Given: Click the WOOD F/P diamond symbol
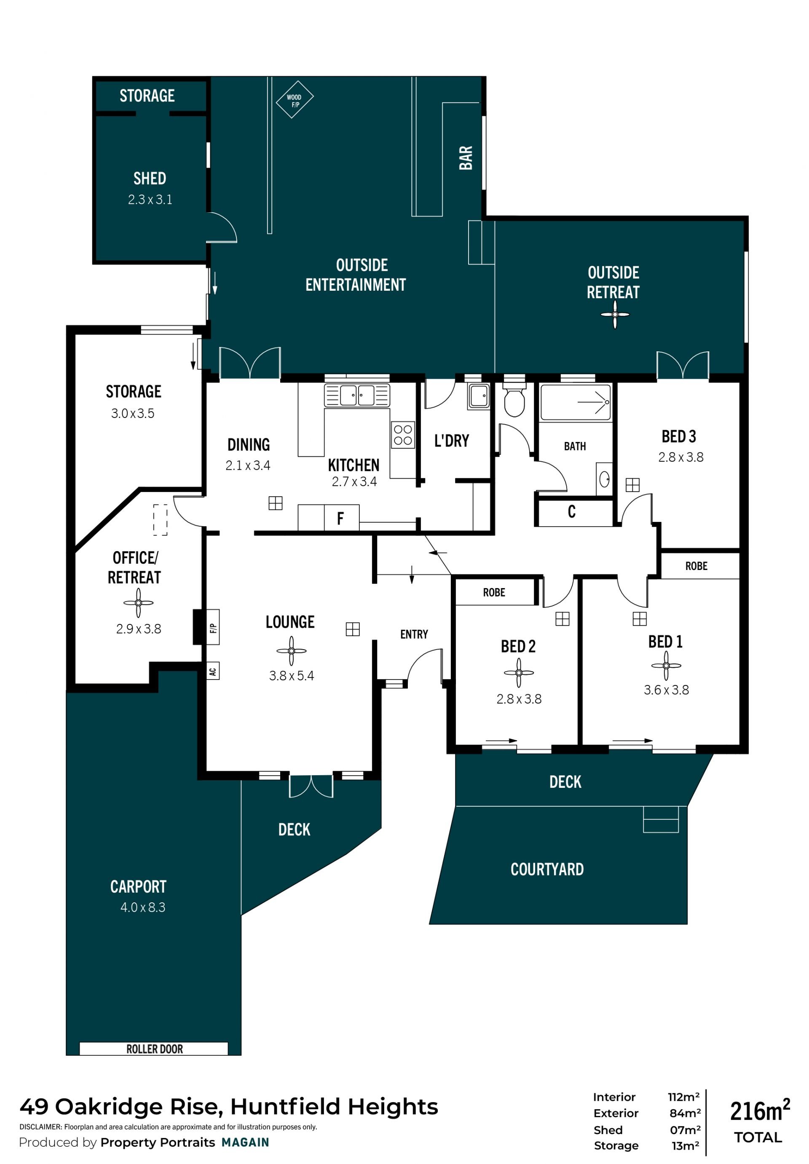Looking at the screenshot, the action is click(x=294, y=99).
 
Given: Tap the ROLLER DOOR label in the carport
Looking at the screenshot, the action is click(x=154, y=1049).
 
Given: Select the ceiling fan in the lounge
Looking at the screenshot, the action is click(x=292, y=650).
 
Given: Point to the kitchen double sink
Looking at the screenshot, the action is click(x=357, y=395).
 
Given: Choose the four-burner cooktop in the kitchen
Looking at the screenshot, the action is click(x=403, y=435).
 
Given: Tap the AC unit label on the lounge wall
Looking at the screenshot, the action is click(x=213, y=672).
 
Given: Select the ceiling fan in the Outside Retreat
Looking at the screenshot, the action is click(x=615, y=314).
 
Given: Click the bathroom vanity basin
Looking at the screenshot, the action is click(x=604, y=479).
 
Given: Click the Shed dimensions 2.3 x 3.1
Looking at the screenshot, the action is click(x=150, y=200).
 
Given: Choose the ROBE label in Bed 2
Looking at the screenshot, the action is click(x=494, y=592).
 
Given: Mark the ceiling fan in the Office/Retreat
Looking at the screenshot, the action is click(x=138, y=602).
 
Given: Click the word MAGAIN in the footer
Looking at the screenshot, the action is click(x=245, y=1142).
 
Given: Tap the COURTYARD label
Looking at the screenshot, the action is click(x=547, y=869).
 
